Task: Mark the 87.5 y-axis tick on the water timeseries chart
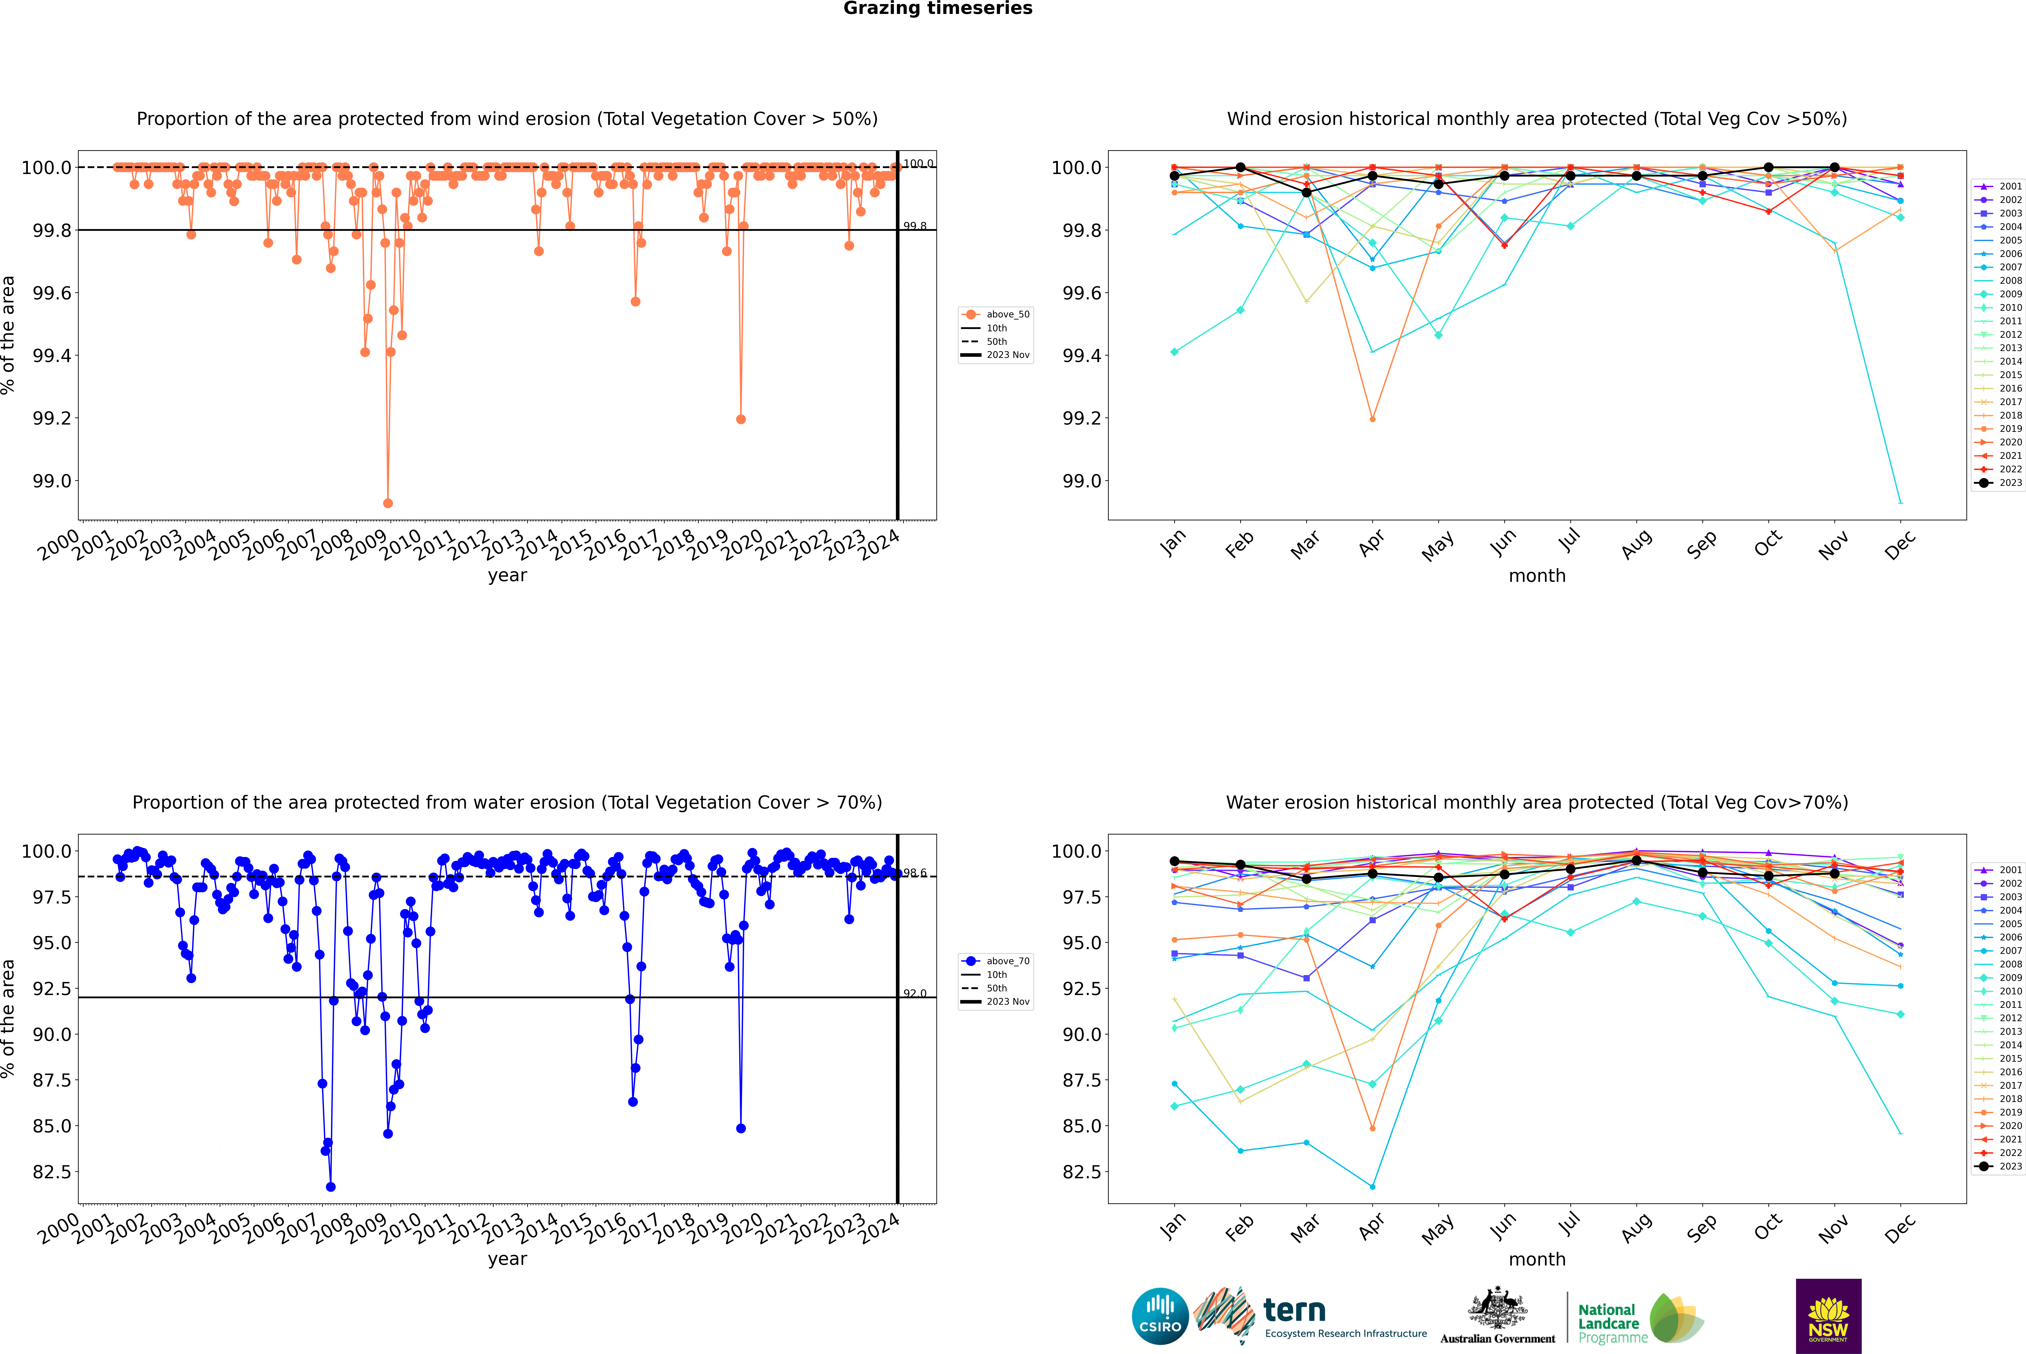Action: click(52, 1080)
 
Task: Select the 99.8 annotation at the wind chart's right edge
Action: click(915, 226)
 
